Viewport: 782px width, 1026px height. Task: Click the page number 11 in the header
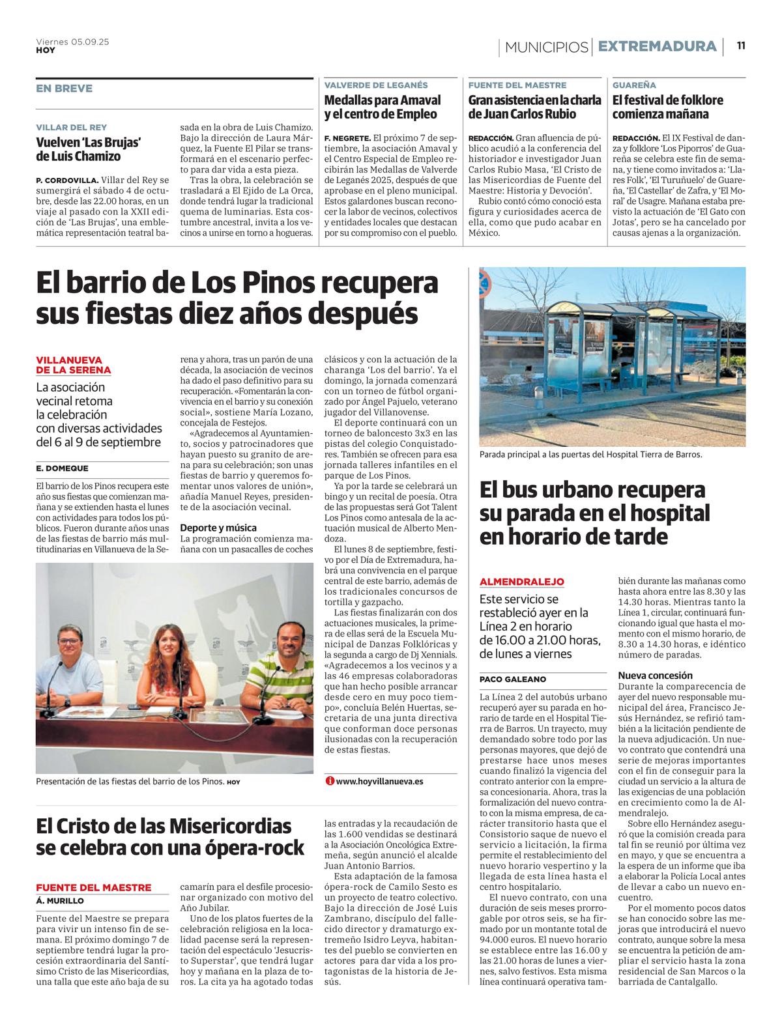(x=741, y=46)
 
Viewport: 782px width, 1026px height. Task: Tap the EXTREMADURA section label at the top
(x=657, y=46)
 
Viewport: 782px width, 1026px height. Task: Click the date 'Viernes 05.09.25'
(x=72, y=42)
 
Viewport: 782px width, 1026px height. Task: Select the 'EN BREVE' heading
(x=65, y=89)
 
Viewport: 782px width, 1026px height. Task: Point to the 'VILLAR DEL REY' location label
(x=72, y=127)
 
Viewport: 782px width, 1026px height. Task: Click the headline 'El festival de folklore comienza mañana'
(x=668, y=107)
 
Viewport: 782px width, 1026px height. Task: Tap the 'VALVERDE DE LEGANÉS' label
(x=376, y=85)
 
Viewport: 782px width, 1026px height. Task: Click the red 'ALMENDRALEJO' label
(x=522, y=582)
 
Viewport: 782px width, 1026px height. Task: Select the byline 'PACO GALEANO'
(x=513, y=679)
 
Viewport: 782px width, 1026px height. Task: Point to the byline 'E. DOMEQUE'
(x=63, y=468)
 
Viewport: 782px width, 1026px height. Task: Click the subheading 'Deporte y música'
(x=218, y=528)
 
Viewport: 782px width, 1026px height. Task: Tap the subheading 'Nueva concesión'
(x=655, y=676)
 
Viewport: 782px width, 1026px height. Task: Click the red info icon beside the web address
(x=330, y=781)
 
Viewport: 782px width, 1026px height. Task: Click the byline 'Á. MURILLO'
(x=60, y=900)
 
